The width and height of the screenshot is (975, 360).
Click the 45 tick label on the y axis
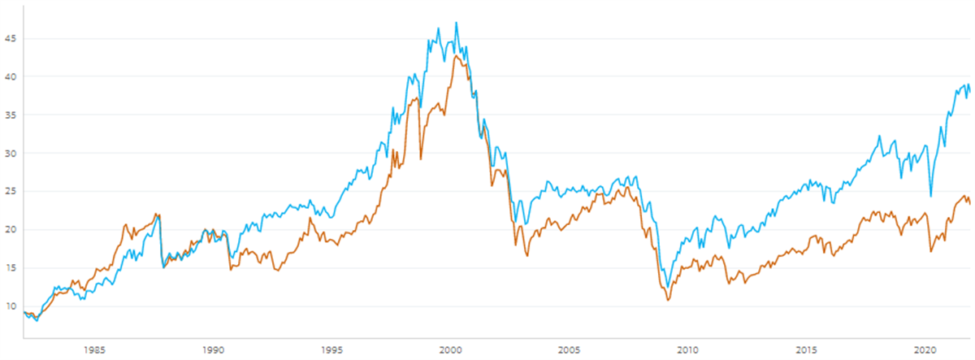click(11, 38)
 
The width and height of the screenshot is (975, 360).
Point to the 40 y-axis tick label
click(11, 76)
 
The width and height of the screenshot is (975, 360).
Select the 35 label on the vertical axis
click(11, 115)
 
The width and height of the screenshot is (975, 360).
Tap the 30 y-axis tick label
click(11, 153)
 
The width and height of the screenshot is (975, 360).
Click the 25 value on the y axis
click(11, 191)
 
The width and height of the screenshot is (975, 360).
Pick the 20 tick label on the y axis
click(11, 229)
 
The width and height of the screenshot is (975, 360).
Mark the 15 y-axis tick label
click(11, 267)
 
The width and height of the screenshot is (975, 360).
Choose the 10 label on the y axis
click(11, 306)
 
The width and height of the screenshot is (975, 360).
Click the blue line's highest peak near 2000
click(456, 23)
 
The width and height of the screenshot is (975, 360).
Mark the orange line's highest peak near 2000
click(457, 55)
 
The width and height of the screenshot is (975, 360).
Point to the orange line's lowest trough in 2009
click(668, 301)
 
